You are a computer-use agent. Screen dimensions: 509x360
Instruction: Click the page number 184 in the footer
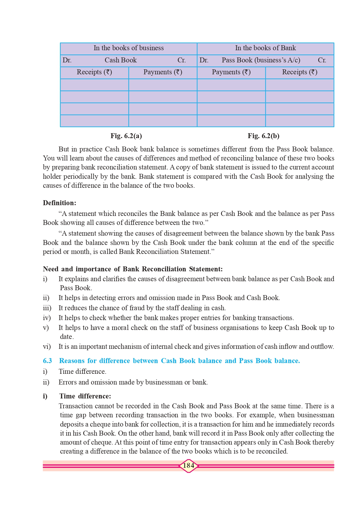click(189, 466)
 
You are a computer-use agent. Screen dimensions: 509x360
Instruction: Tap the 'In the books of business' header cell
click(129, 48)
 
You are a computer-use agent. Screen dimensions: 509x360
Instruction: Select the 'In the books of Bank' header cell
click(265, 48)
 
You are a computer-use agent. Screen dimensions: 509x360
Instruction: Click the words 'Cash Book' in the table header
click(121, 60)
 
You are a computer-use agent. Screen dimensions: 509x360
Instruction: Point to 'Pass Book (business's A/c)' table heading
click(261, 60)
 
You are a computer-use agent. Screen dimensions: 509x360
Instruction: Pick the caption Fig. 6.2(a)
click(126, 136)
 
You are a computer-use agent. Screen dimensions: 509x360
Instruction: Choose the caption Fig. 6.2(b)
click(263, 136)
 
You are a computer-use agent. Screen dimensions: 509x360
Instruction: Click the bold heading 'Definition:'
click(59, 203)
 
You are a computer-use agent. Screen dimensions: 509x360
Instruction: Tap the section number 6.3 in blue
click(47, 361)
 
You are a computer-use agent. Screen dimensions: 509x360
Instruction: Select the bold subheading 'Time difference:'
click(85, 396)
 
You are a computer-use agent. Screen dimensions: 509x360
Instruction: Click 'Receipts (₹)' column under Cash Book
click(94, 72)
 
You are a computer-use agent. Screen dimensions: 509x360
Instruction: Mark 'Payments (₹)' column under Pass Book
click(231, 72)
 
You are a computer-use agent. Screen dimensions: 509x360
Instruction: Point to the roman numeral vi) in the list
click(47, 346)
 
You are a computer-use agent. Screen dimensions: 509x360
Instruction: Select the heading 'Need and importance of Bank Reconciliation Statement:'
click(133, 269)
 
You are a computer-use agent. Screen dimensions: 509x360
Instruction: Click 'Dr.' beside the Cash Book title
click(67, 60)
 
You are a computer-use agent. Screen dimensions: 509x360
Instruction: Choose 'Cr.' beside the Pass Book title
click(322, 60)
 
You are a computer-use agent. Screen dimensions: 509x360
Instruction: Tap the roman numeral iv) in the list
click(47, 318)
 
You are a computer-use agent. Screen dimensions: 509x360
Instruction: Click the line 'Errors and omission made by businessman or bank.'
click(133, 382)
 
